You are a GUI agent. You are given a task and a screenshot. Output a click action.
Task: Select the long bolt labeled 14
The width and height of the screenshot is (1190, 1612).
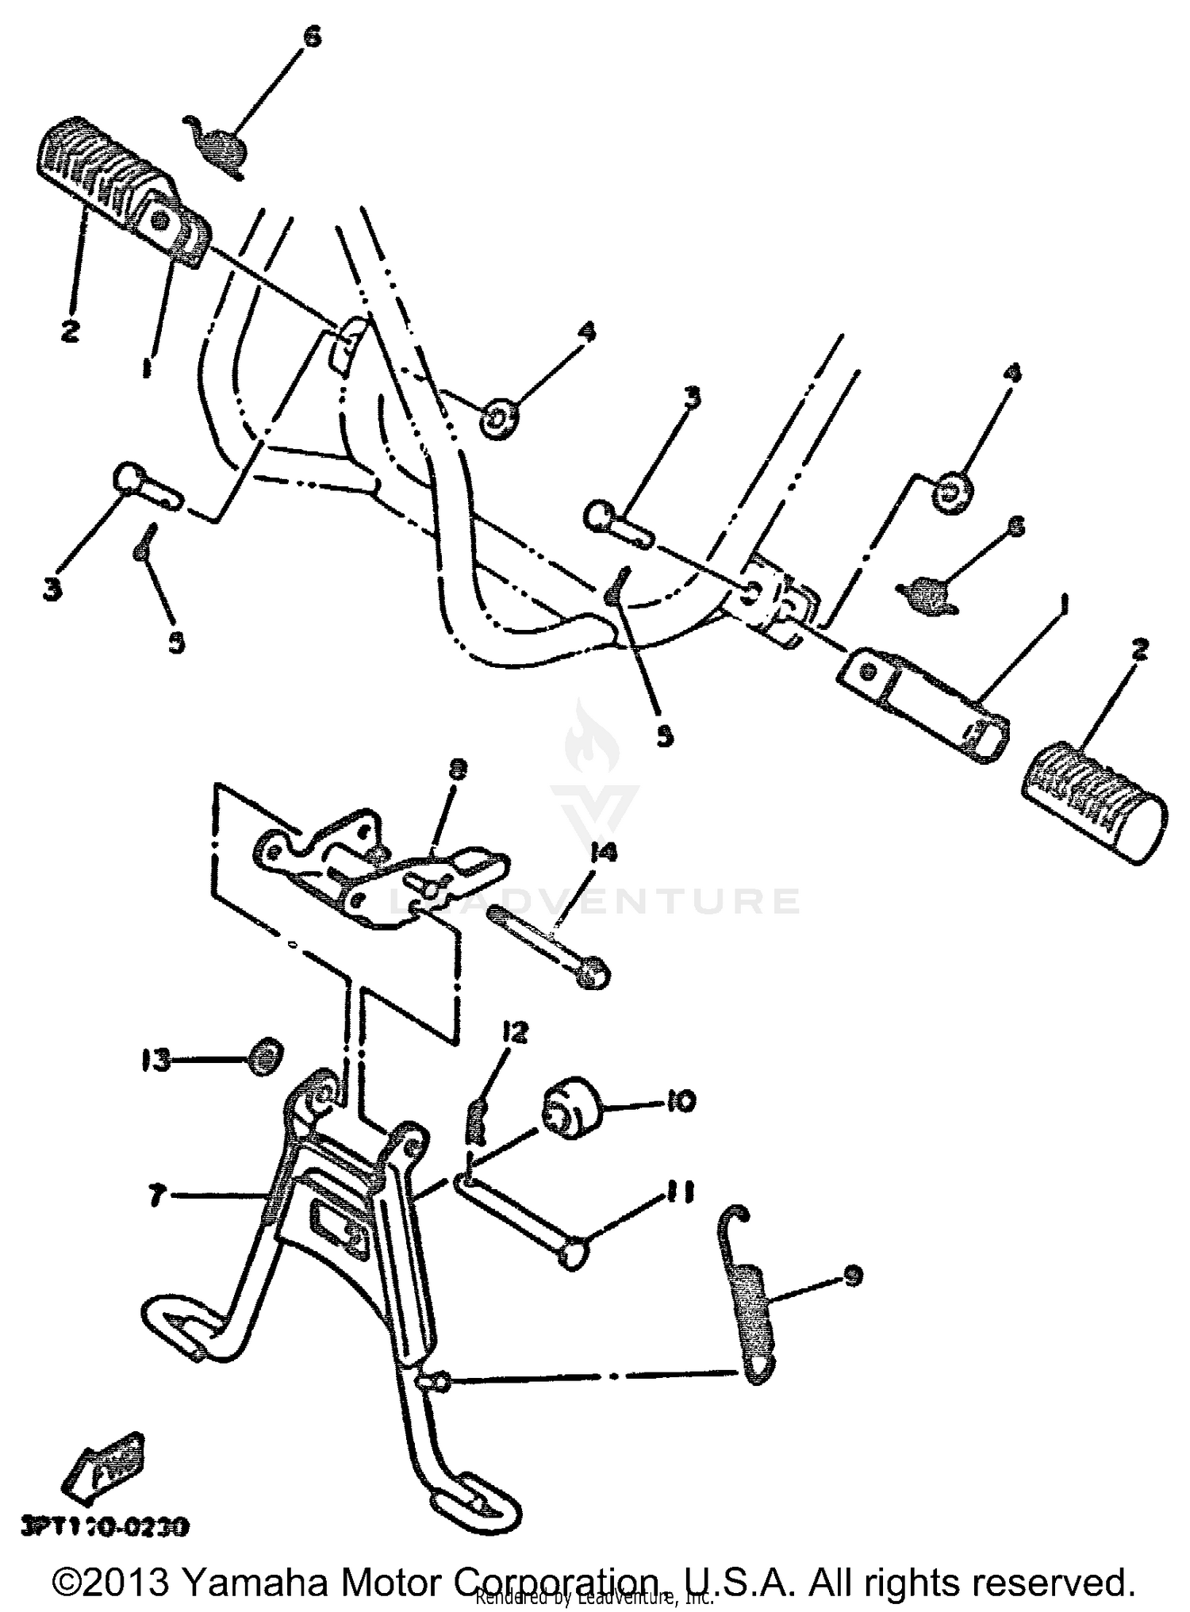547,946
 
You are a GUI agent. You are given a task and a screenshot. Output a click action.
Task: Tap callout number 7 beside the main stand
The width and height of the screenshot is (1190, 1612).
157,1196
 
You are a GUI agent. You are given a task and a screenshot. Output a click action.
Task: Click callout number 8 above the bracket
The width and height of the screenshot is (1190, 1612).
459,769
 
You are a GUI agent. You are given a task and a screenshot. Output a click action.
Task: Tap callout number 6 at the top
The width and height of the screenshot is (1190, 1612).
313,38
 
